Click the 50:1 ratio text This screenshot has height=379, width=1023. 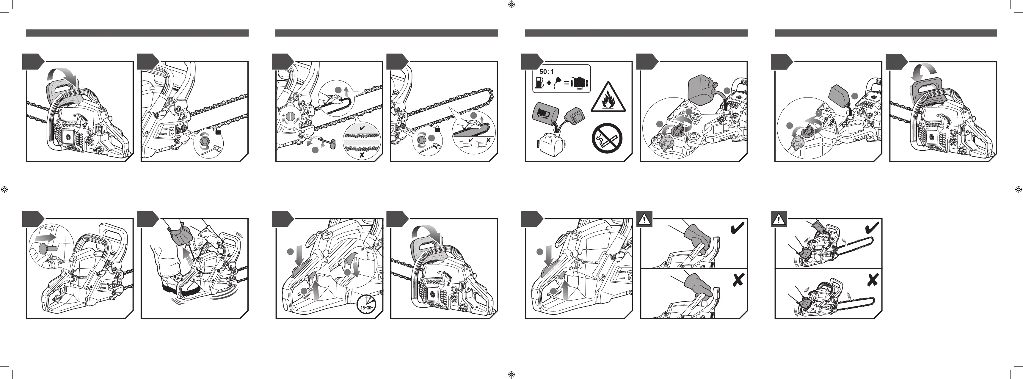tap(547, 72)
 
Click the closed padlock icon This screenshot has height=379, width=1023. tap(437, 129)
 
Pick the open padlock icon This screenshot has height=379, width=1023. tap(218, 131)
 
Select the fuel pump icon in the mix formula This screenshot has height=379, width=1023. tap(539, 83)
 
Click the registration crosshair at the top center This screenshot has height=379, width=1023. tap(511, 4)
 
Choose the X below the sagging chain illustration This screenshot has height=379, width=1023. tap(361, 155)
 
